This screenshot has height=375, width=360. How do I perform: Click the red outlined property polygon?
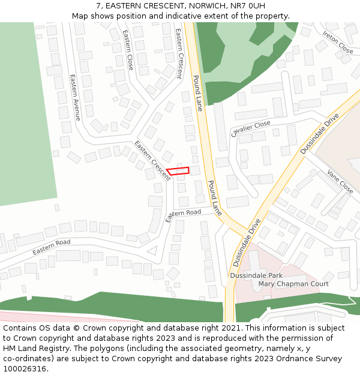pyautogui.click(x=178, y=171)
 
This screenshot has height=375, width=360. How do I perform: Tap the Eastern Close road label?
pyautogui.click(x=128, y=50)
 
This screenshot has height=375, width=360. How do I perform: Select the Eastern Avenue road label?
pyautogui.click(x=75, y=97)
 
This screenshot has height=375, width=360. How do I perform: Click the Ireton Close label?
pyautogui.click(x=338, y=43)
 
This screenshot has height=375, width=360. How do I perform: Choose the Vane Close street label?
pyautogui.click(x=340, y=181)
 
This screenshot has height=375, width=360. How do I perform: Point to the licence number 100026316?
pyautogui.click(x=24, y=369)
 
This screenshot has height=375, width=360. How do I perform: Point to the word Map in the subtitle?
pyautogui.click(x=80, y=16)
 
